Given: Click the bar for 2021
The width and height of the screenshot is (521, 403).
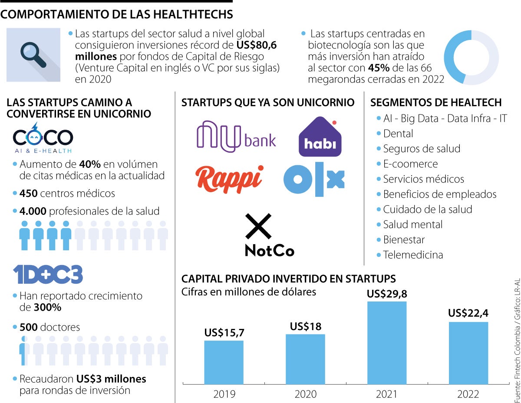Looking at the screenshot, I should (x=387, y=342).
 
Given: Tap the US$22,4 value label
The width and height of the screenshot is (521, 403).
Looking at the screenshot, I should (x=468, y=313).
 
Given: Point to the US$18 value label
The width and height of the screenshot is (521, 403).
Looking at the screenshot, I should (x=305, y=326).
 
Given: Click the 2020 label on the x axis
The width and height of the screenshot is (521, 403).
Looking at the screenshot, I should (x=305, y=394).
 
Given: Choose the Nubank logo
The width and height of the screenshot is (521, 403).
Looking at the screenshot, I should (x=236, y=137).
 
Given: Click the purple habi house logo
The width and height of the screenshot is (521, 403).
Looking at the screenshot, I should (x=320, y=137).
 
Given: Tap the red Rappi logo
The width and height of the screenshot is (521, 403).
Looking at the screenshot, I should (x=229, y=179).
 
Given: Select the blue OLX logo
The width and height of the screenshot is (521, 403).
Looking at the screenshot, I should (x=314, y=179).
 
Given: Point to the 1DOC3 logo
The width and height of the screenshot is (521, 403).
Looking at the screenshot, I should (x=48, y=275).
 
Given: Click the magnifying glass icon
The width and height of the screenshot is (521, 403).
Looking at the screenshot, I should (x=33, y=54).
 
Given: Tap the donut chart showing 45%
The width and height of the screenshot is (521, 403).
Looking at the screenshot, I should (x=471, y=57).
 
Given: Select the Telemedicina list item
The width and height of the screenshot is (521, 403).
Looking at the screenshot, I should (x=412, y=255).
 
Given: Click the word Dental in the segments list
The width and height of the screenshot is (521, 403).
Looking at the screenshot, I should (x=398, y=134).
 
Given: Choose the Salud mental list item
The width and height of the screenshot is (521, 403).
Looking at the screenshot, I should (x=412, y=225).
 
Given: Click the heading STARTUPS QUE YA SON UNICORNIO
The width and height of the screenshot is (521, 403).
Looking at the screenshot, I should (x=268, y=103).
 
